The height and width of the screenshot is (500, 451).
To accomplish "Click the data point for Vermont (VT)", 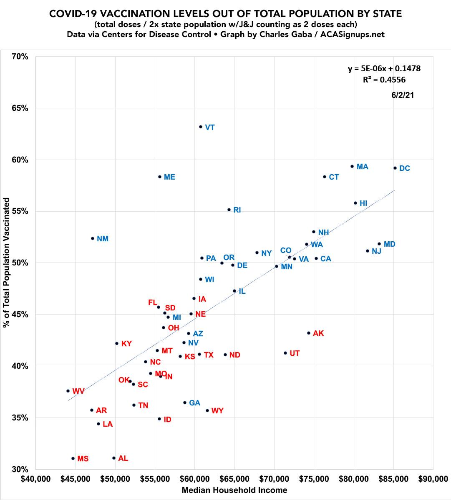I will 201,127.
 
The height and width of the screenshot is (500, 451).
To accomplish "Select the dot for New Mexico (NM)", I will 93,238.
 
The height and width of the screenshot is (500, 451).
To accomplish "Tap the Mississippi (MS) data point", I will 73,458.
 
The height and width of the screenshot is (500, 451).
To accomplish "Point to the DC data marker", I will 395,168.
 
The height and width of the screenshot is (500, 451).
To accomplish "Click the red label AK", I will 318,333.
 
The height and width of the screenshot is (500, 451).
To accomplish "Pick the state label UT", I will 295,353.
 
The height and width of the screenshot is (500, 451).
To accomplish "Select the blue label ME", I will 169,177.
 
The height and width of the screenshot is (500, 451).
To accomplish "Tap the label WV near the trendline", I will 78,391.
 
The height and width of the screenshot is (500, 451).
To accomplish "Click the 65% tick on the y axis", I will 20,108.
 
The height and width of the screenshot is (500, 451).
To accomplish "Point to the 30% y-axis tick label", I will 20,469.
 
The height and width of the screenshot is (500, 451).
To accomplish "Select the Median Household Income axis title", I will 234,490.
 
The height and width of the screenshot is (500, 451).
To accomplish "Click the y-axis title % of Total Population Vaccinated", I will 7,262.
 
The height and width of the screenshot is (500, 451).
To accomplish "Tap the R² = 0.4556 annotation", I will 384,80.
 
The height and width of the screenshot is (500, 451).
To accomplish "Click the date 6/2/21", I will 403,95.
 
